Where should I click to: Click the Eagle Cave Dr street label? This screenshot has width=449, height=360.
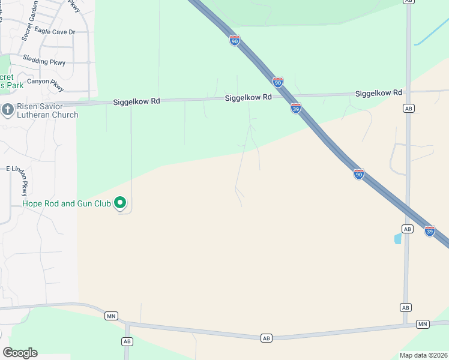pos(55,31)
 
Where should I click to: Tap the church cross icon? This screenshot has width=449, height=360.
pos(7,110)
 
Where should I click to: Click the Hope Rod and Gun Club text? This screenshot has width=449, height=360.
pos(67,204)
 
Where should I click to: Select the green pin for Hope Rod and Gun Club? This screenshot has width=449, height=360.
pos(120,203)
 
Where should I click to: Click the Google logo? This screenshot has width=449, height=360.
pos(20,353)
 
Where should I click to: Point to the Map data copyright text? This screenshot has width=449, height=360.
pos(424,355)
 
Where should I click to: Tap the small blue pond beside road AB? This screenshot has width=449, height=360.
pos(397,239)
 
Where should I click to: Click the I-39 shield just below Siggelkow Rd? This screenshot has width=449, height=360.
pos(296,108)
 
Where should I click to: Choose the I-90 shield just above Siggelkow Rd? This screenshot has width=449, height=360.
pos(277,82)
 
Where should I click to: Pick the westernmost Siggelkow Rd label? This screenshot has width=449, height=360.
pos(136,103)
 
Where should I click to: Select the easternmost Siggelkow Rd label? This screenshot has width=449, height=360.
pos(378,94)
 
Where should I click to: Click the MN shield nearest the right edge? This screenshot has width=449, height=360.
pos(423,324)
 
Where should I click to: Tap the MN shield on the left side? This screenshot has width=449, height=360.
pos(111,316)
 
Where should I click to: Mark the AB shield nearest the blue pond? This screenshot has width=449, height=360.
pos(408,229)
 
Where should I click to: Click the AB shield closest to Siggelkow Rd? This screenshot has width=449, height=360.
pos(409,109)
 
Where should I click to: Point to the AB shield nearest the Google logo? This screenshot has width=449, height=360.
pos(127,341)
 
